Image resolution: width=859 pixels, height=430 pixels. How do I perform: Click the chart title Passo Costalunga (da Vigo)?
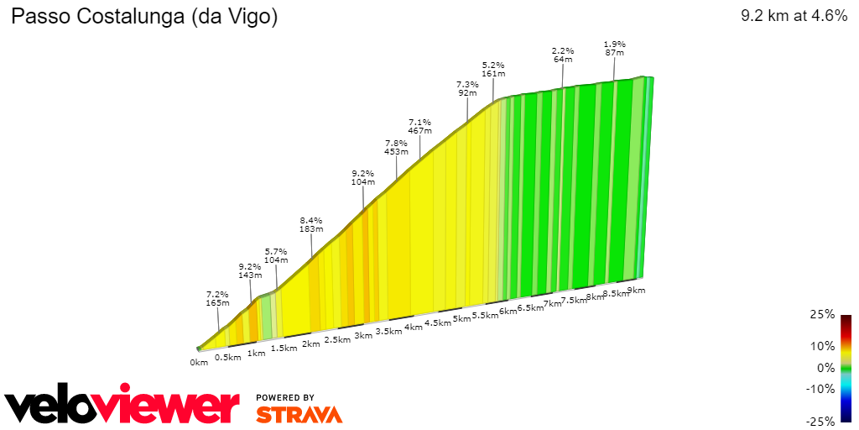pos(143,16)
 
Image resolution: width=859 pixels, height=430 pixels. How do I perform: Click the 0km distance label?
pos(198,363)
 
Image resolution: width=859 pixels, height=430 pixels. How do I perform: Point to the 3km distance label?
pos(363,336)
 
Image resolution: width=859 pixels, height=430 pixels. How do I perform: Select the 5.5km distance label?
pos(486,316)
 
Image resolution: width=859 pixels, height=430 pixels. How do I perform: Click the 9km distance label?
pos(636,291)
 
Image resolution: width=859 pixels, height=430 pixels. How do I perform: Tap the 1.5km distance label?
pos(284,349)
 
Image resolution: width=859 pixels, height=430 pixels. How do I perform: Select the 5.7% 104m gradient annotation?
pos(276,255)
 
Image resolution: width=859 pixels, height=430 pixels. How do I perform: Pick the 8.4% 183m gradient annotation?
pos(311,224)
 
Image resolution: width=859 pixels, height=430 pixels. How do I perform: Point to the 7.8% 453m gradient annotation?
pos(396,147)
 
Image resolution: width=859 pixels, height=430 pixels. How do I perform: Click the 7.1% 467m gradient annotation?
pos(419,126)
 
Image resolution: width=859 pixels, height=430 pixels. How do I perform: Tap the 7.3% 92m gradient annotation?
pos(467,88)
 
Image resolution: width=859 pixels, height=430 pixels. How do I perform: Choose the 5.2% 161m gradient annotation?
pos(493,69)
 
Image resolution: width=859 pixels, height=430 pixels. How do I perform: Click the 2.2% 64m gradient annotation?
pos(562,55)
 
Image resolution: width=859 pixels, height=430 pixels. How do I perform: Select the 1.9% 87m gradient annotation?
pos(615,48)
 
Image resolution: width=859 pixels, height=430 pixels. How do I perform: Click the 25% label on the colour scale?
pos(823,314)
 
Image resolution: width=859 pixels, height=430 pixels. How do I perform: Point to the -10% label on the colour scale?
pos(820,389)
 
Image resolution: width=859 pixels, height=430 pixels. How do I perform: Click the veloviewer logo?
pos(122,406)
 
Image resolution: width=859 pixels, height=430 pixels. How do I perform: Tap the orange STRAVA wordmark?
pos(299,414)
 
